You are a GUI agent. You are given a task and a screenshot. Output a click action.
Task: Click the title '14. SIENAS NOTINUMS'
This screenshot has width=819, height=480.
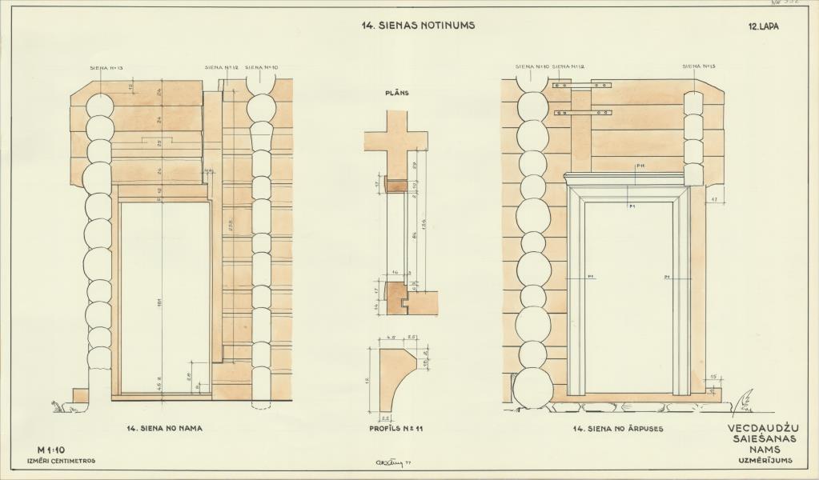point(418,25)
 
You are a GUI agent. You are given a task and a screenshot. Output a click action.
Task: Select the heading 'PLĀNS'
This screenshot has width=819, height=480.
point(398,93)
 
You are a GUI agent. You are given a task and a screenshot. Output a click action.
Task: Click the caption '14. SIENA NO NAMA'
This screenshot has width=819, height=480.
point(164,429)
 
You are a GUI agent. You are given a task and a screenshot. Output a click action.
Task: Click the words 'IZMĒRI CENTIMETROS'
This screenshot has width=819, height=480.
point(62,461)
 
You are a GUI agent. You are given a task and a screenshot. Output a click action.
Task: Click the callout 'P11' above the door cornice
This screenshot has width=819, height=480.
point(640,166)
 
